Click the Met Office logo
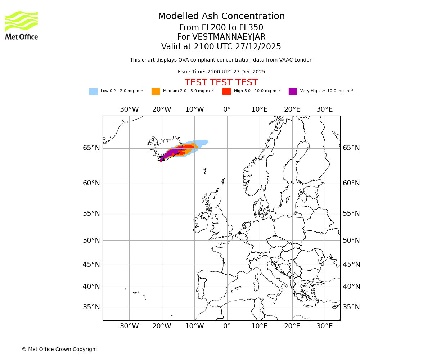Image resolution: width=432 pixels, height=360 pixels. tap(22, 25)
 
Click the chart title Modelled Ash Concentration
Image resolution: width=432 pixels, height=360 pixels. tap(221, 17)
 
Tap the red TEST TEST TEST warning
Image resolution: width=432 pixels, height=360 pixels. tap(221, 83)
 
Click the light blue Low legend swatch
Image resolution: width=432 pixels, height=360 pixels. tap(93, 91)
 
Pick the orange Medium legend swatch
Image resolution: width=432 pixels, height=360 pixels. tap(156, 91)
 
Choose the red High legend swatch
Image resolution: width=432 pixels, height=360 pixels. tap(226, 91)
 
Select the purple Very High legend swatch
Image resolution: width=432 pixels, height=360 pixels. tap(293, 91)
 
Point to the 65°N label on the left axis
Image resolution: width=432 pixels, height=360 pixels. tap(91, 148)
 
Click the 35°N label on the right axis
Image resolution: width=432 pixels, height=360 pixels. tap(351, 307)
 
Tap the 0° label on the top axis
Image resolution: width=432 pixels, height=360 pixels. tap(227, 109)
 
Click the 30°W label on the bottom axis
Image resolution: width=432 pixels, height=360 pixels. tap(129, 326)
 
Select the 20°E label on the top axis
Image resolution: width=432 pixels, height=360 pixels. tap(292, 109)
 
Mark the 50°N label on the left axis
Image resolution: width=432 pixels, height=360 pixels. tap(91, 240)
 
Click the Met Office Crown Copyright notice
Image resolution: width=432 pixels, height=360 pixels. tap(59, 350)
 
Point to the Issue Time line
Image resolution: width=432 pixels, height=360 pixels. tap(221, 72)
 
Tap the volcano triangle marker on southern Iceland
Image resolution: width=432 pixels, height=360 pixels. tap(161, 158)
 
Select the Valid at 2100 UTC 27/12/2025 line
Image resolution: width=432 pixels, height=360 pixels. tap(221, 47)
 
